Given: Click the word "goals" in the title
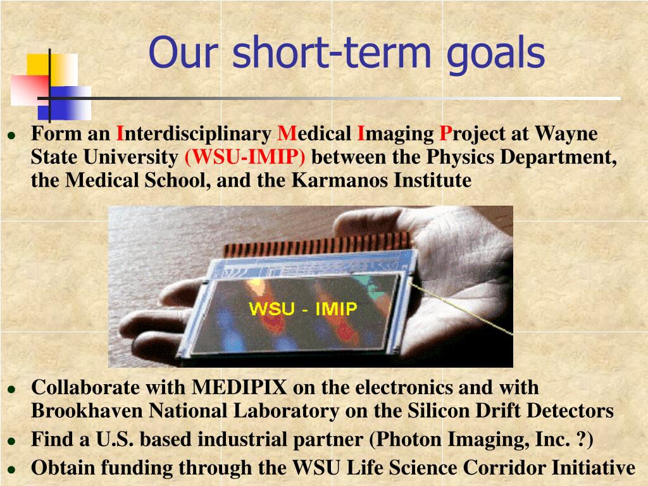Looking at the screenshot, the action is (496, 54).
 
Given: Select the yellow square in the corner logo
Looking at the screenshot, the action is (52, 69).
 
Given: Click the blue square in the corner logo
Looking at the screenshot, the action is (65, 103).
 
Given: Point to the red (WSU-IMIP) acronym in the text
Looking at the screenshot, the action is (245, 157).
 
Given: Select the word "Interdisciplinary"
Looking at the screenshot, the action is (194, 134).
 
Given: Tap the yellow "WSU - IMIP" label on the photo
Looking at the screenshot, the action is (303, 309).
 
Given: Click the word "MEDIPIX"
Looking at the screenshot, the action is (239, 388).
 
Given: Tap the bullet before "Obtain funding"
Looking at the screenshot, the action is (12, 470).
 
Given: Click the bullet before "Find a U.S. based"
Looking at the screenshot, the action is (12, 441).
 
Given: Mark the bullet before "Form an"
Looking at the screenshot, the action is (12, 135).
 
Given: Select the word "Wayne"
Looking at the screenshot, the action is (566, 134).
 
